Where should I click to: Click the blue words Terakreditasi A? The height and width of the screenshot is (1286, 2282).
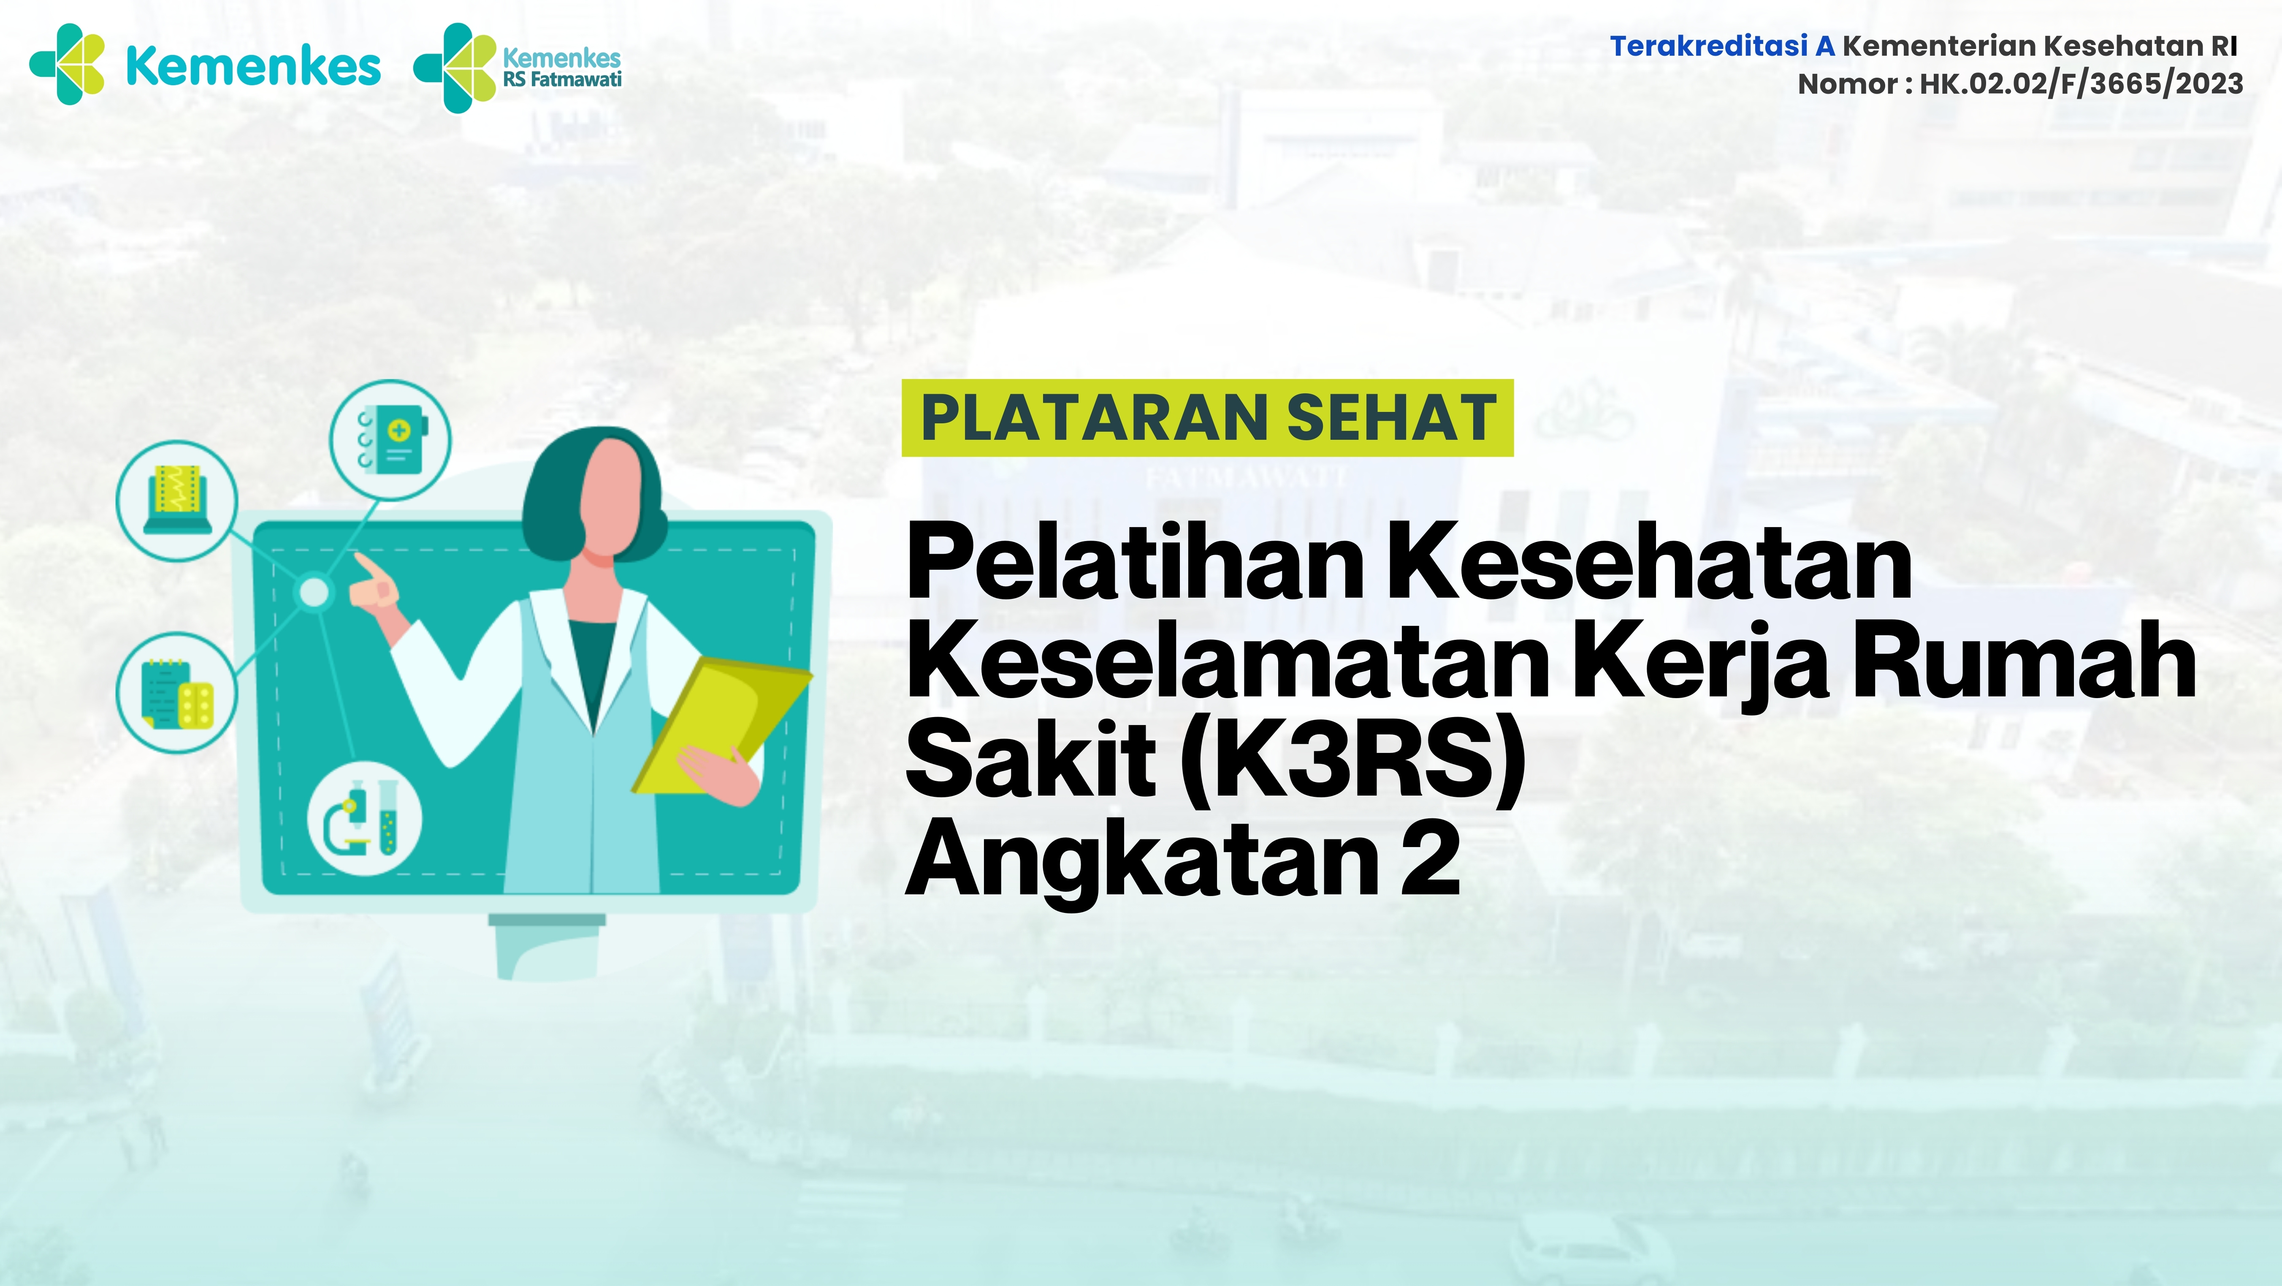click(x=1721, y=46)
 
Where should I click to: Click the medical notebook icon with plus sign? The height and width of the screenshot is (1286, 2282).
click(x=390, y=439)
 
